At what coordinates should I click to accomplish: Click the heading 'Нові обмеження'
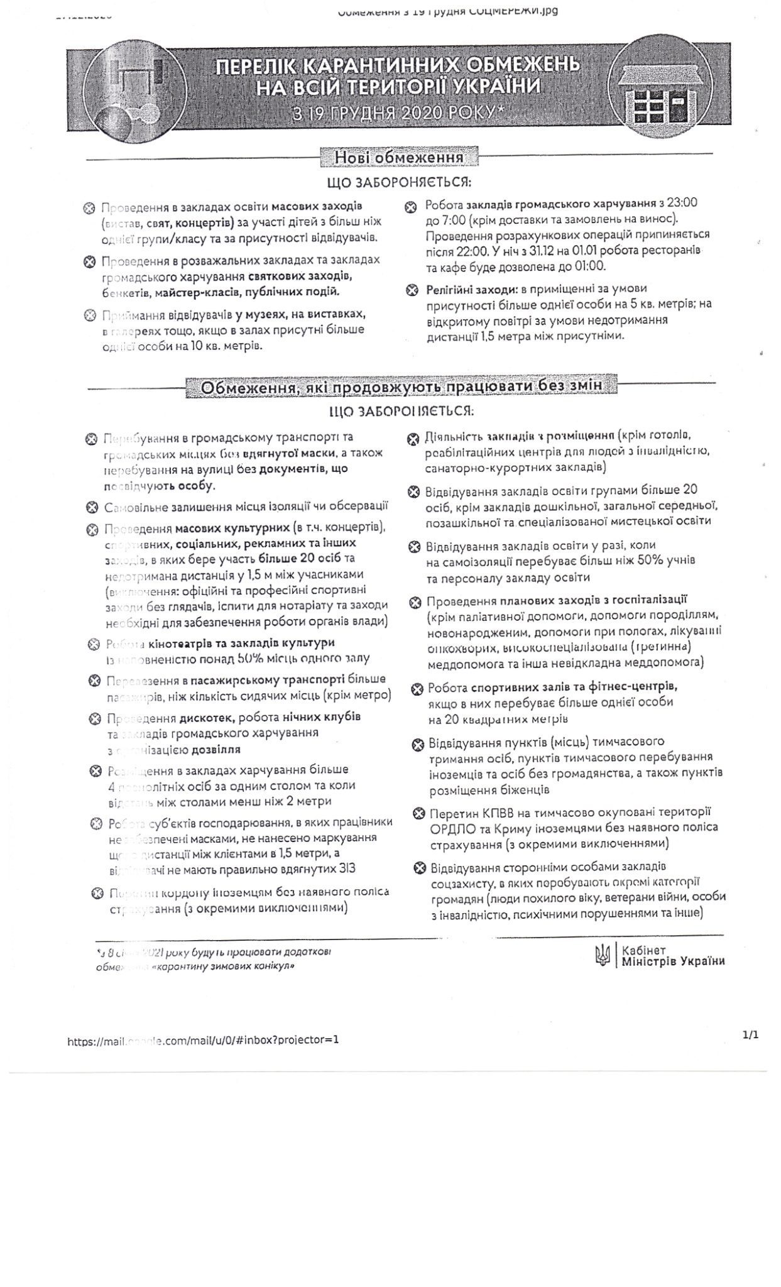[x=399, y=156]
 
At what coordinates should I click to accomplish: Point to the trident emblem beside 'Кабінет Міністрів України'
[x=601, y=956]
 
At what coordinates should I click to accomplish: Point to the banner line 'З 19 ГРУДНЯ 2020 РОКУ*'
[x=400, y=114]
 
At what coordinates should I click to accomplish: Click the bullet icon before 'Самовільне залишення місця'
[x=92, y=507]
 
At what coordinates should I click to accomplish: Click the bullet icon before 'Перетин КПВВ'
[x=419, y=813]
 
